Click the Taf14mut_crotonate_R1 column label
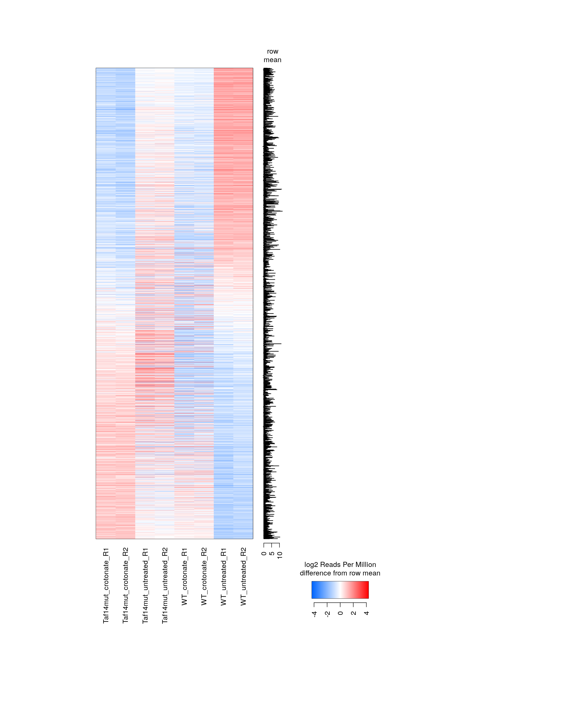[106, 585]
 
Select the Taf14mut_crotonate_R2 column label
[126, 585]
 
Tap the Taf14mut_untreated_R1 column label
[145, 586]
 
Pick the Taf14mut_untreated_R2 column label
[165, 586]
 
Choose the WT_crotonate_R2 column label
[204, 577]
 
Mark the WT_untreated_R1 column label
[224, 577]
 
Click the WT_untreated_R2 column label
[243, 577]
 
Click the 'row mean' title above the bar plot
[272, 56]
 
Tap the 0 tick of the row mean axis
[264, 554]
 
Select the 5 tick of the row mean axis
[272, 554]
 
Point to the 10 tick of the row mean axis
[280, 555]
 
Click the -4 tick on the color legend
[314, 614]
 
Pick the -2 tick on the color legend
[327, 614]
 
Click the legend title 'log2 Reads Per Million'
[340, 565]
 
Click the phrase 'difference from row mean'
[340, 573]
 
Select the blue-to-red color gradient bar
[340, 590]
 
